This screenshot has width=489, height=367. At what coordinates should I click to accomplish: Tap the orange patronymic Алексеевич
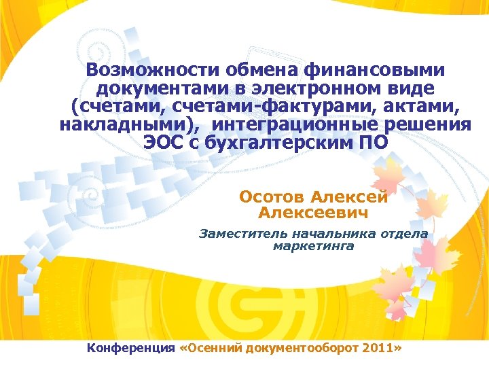[x=313, y=213]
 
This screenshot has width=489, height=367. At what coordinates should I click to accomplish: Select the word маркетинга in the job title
[x=313, y=245]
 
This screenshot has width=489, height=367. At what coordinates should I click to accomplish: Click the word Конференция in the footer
[x=130, y=348]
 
